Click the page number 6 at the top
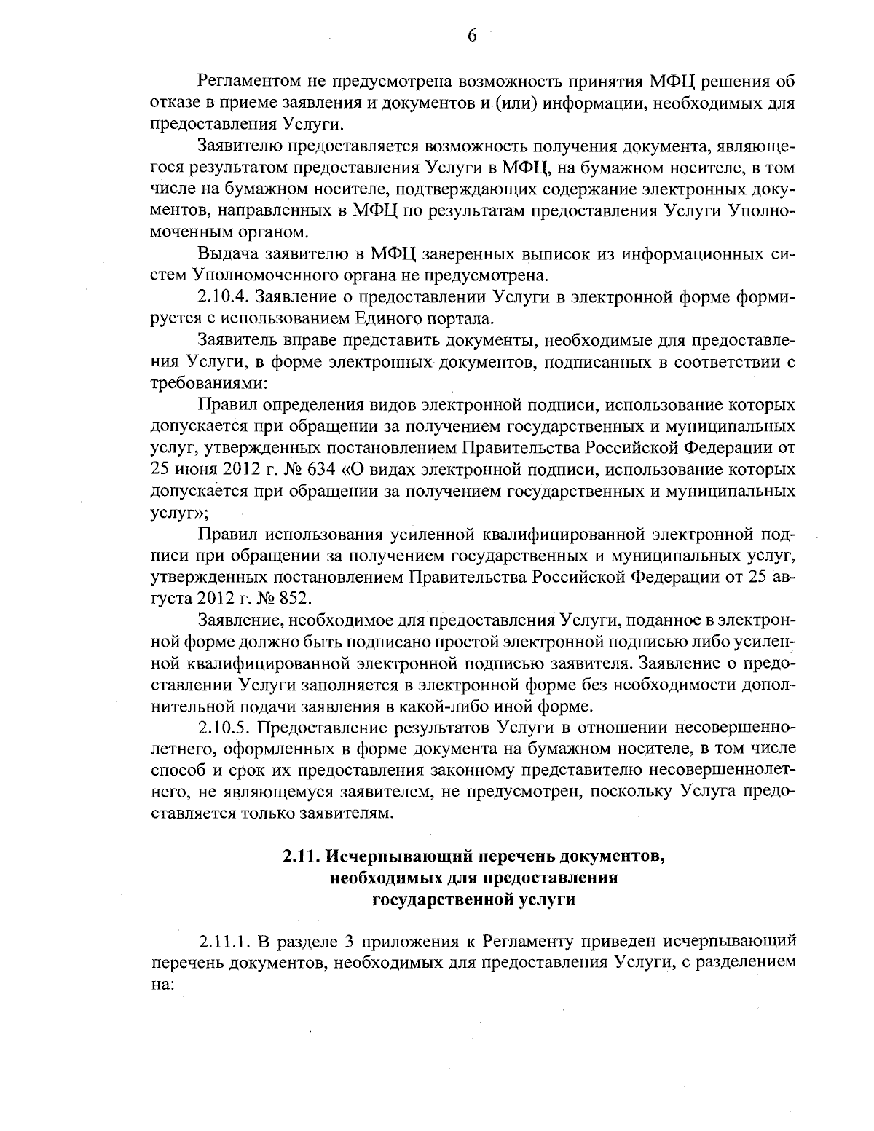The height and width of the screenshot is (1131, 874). (471, 35)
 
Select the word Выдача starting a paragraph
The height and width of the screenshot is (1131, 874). (222, 254)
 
